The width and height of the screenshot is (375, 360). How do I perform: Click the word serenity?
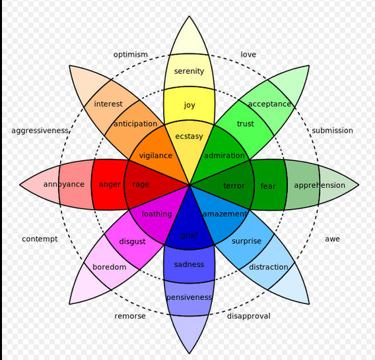(x=189, y=71)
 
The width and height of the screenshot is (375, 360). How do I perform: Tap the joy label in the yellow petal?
(x=189, y=105)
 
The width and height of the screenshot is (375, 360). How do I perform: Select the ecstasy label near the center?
(x=189, y=136)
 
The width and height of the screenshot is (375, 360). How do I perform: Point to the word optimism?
(x=130, y=55)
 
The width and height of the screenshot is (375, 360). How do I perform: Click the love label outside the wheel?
(x=248, y=55)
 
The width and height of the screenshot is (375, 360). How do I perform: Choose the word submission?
(x=332, y=131)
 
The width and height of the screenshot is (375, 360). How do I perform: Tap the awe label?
(x=332, y=239)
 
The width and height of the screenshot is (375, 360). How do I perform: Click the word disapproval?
(x=249, y=316)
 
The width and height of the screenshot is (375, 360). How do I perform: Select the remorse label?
(x=130, y=316)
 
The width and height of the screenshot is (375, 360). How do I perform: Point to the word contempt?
(x=40, y=239)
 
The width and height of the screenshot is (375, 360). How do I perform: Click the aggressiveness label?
(x=40, y=131)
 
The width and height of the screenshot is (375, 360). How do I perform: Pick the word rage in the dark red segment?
(x=141, y=185)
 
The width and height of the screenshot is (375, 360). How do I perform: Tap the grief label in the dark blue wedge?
(x=189, y=235)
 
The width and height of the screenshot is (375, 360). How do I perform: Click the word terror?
(x=234, y=186)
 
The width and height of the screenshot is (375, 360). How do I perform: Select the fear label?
(x=268, y=186)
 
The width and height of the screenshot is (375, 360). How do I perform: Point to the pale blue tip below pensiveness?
(x=189, y=332)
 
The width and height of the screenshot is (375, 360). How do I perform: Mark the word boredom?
(x=110, y=267)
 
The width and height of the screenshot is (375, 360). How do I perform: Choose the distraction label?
(x=268, y=267)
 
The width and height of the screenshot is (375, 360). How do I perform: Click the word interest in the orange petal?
(x=108, y=104)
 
